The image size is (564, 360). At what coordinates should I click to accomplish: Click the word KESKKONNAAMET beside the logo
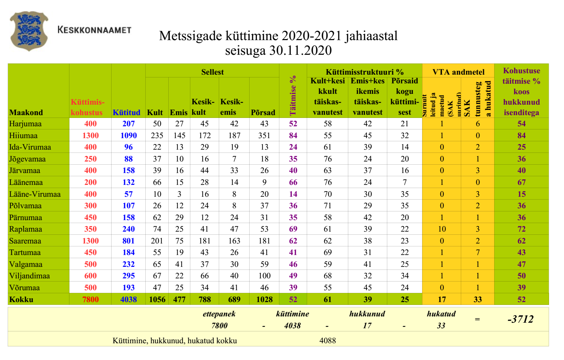94,30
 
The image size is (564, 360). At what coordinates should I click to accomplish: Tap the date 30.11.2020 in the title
300,51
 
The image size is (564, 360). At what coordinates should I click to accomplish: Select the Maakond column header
26,112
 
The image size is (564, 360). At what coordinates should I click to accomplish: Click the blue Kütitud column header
127,112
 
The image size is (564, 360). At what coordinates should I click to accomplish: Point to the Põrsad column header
263,112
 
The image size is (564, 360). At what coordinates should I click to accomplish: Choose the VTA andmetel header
458,72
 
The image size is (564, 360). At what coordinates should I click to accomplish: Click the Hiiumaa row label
23,135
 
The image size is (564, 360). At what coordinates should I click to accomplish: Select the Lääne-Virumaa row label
35,194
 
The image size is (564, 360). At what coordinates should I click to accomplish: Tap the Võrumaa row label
24,287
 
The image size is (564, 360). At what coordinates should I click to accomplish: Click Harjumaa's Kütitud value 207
129,123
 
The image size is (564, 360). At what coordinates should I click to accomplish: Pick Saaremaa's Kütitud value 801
129,241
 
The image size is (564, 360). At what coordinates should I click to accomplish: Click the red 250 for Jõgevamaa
91,159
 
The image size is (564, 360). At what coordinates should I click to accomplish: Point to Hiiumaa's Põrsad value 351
264,135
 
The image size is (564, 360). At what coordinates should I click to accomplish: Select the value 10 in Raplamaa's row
442,229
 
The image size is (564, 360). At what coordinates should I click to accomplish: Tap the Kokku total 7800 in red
91,299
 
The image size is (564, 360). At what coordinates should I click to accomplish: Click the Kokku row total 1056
157,299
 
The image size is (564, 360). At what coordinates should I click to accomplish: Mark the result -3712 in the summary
520,319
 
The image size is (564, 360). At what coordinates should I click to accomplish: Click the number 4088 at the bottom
328,340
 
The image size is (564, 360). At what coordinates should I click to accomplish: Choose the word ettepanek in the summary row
219,314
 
